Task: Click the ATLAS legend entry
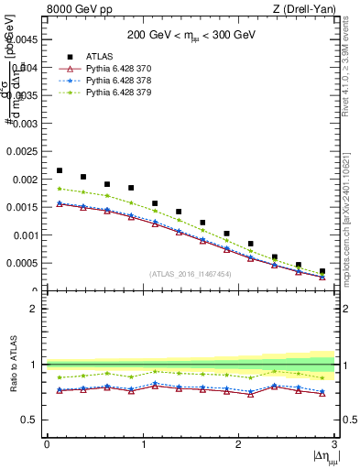(102, 57)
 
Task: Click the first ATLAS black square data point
(60, 170)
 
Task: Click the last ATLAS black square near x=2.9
(322, 271)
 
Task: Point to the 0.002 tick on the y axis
(26, 180)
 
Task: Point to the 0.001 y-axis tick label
(26, 235)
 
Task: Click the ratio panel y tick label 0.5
(32, 420)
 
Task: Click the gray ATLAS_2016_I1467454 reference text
(191, 274)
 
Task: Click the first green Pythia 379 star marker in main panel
(60, 189)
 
